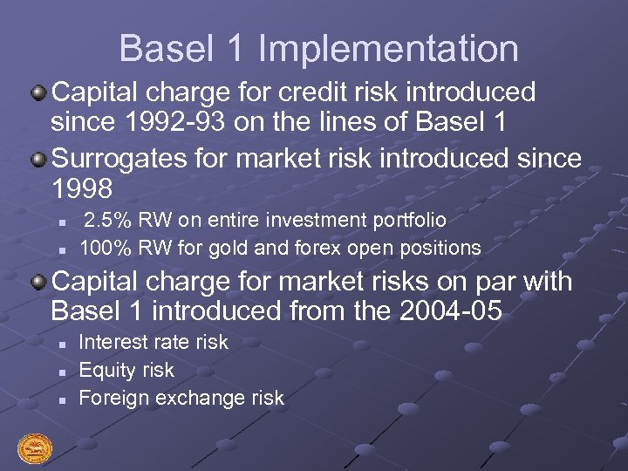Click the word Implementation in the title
click(x=388, y=49)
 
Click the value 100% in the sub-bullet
click(x=104, y=248)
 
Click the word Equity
click(x=106, y=371)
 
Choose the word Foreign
click(x=112, y=399)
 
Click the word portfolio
click(x=409, y=221)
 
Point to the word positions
click(x=441, y=248)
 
